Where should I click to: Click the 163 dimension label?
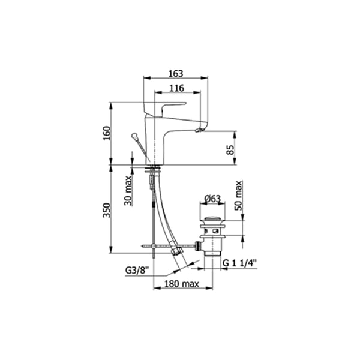click(176, 73)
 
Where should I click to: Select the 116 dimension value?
click(177, 88)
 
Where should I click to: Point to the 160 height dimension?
click(107, 133)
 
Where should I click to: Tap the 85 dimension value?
click(230, 149)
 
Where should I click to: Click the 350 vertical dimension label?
click(107, 210)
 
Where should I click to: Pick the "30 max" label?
click(128, 190)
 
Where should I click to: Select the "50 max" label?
click(239, 196)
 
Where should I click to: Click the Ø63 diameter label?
click(212, 199)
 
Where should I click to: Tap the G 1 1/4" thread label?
click(239, 263)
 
